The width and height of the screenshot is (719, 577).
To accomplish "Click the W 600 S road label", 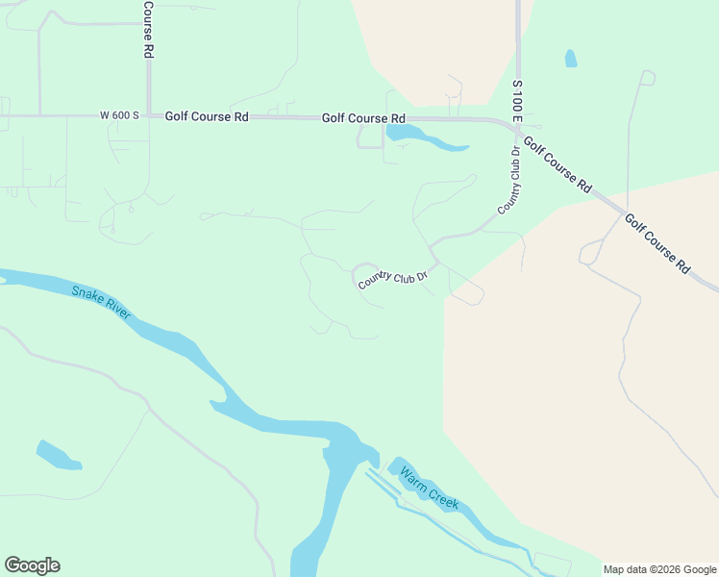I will point(119,115).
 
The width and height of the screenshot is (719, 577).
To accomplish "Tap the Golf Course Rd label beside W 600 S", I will point(207,116).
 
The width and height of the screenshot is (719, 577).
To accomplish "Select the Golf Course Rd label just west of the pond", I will point(363,118).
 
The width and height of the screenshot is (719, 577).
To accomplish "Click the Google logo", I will point(32,565).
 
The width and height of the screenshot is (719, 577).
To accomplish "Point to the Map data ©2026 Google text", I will point(659,569).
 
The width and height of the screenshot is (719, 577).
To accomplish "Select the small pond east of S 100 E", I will point(571,58).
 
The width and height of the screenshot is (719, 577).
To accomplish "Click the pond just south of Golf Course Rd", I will point(423,138).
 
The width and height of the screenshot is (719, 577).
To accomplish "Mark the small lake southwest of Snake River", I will point(58,455).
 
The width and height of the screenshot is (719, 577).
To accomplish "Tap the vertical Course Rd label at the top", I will point(149,30).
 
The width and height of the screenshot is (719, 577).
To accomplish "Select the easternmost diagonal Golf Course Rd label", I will point(657,242).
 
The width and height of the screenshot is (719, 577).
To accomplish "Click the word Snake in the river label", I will point(87,293).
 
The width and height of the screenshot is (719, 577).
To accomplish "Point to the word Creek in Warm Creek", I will point(443,500).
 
